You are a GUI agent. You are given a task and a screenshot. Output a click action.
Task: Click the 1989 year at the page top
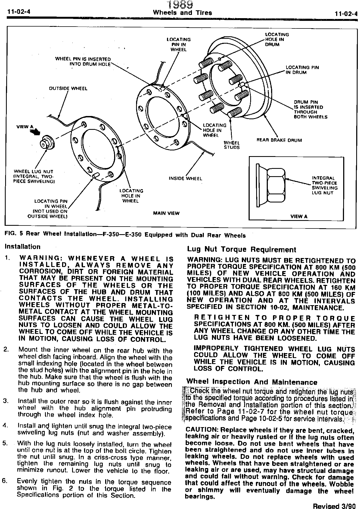pyautogui.click(x=180, y=5)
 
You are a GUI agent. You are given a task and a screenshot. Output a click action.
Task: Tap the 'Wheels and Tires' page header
pyautogui.click(x=182, y=13)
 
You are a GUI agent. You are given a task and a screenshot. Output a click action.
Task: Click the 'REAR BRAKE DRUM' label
pyautogui.click(x=279, y=140)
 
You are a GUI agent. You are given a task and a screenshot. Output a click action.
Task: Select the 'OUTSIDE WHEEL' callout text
pyautogui.click(x=68, y=88)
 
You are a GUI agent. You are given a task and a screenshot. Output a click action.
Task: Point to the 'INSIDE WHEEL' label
pyautogui.click(x=185, y=178)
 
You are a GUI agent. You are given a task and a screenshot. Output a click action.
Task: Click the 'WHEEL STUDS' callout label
pyautogui.click(x=232, y=145)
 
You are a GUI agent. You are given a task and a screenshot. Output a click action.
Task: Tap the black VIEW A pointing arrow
pyautogui.click(x=35, y=132)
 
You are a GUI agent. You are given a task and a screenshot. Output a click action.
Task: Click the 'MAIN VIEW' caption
pyautogui.click(x=166, y=213)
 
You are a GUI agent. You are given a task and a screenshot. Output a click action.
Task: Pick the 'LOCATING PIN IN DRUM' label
pyautogui.click(x=302, y=70)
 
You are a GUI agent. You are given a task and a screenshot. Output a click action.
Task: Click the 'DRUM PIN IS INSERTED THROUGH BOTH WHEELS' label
pyautogui.click(x=310, y=109)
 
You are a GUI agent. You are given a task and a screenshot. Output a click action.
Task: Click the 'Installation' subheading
pyautogui.click(x=22, y=247)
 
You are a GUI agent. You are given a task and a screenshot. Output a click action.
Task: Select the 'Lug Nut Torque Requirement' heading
pyautogui.click(x=242, y=249)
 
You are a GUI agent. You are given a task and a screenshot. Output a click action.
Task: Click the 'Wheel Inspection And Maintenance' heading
pyautogui.click(x=252, y=382)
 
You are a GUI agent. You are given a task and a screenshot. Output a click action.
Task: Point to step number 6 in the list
pyautogui.click(x=4, y=481)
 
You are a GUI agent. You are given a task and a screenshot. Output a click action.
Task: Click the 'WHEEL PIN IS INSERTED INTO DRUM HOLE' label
pyautogui.click(x=83, y=62)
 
